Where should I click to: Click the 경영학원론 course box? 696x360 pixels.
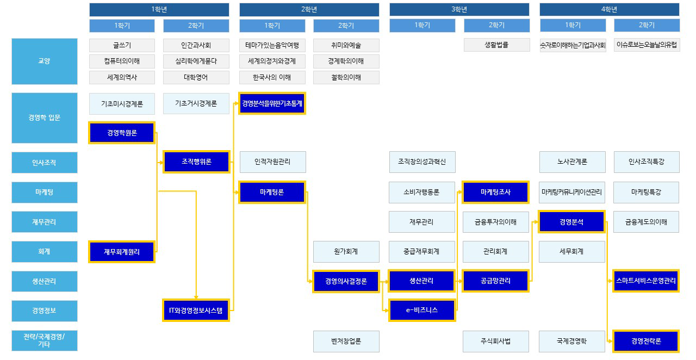tap(122, 133)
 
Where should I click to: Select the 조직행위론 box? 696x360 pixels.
tap(196, 162)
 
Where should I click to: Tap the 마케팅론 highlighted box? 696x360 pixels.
tap(272, 192)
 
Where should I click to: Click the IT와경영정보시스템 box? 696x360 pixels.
tap(196, 311)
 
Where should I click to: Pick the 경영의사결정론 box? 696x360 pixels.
tap(346, 281)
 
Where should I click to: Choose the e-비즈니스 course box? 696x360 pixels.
tap(422, 311)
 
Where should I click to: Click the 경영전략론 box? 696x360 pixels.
tap(646, 342)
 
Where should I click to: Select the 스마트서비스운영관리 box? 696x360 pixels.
tap(646, 281)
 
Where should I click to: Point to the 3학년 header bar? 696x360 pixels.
tap(459, 9)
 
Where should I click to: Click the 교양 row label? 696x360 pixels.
tap(45, 61)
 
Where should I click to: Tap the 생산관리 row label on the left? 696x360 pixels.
tap(45, 281)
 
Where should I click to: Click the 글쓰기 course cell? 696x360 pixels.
tap(122, 45)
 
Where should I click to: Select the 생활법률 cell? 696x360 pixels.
tap(496, 45)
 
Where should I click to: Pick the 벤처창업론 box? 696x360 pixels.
tap(346, 342)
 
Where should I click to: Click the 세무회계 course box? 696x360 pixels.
tap(571, 252)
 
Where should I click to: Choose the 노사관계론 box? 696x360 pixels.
tap(571, 162)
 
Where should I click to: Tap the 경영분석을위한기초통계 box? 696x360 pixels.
tap(272, 103)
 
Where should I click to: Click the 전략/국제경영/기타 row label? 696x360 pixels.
tap(45, 341)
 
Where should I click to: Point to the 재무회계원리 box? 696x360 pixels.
tap(122, 252)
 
